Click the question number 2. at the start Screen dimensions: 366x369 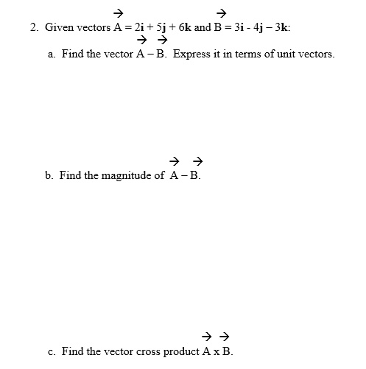(x=34, y=27)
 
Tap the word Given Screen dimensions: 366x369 (x=59, y=27)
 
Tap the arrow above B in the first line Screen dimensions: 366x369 (x=222, y=13)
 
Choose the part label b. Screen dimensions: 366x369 (x=49, y=176)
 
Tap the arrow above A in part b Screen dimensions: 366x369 (x=175, y=161)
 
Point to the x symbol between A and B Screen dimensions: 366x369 (x=216, y=352)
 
